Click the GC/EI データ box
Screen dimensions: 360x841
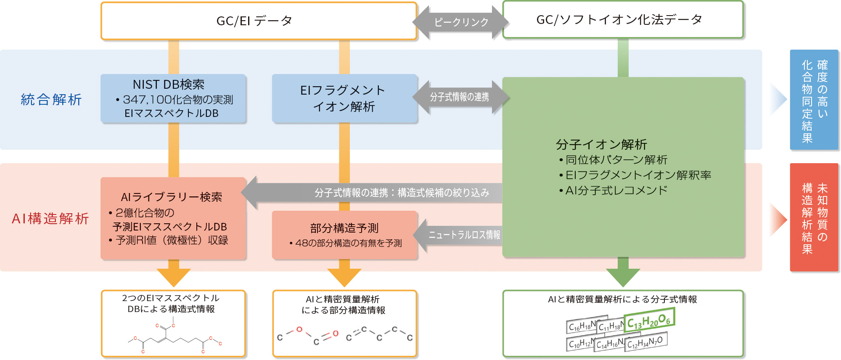pyautogui.click(x=258, y=21)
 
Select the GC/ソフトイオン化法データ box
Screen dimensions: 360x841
pyautogui.click(x=623, y=20)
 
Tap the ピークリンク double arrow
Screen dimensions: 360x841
pyautogui.click(x=461, y=22)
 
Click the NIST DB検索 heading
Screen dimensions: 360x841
pyautogui.click(x=168, y=85)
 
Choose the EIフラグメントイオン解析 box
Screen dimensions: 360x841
pyautogui.click(x=344, y=98)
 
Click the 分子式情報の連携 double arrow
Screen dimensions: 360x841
pyautogui.click(x=460, y=97)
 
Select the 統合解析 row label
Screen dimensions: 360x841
pyautogui.click(x=51, y=100)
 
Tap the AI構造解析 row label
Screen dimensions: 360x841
pyautogui.click(x=50, y=219)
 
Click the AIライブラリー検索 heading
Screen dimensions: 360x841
pyautogui.click(x=171, y=197)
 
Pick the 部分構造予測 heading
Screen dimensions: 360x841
pyautogui.click(x=344, y=228)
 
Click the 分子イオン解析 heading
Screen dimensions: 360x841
pyautogui.click(x=601, y=144)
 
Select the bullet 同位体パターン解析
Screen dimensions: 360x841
pyautogui.click(x=616, y=160)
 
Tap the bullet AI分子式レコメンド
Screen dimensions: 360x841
pyautogui.click(x=616, y=191)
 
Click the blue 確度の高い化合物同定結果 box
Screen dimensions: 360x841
pyautogui.click(x=814, y=100)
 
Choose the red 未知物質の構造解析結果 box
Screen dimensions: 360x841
pyautogui.click(x=814, y=217)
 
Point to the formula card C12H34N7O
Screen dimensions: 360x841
pyautogui.click(x=645, y=342)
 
